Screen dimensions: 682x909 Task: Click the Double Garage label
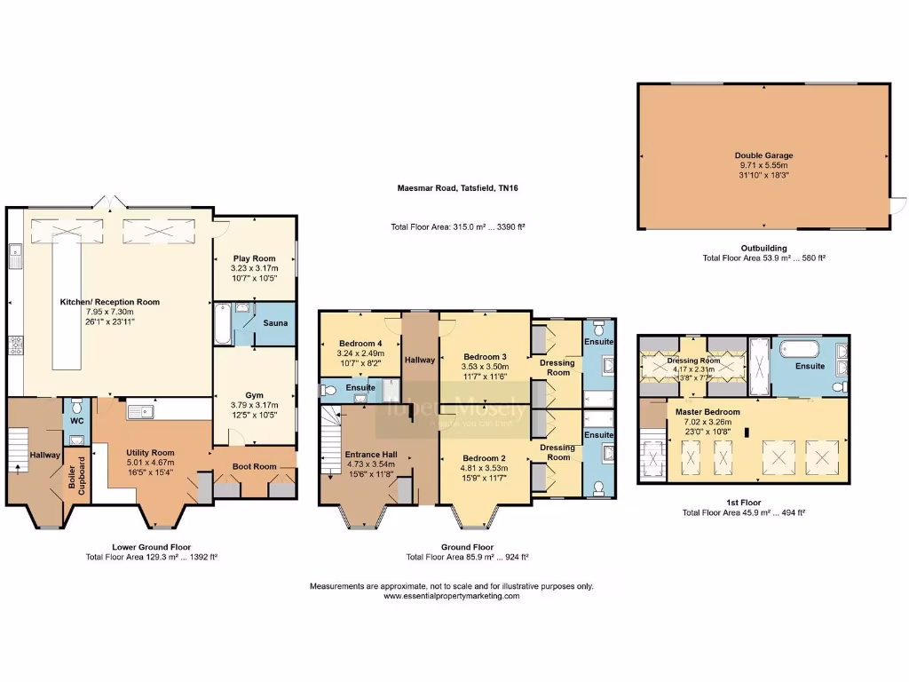coord(763,155)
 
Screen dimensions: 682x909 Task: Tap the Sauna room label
coord(274,323)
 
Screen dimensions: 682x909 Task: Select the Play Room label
coord(254,258)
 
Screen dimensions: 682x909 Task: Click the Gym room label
coord(254,395)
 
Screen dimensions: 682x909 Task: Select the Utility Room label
coord(150,453)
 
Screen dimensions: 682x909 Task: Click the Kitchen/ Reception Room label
coord(109,302)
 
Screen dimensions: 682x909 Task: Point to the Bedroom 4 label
coord(360,344)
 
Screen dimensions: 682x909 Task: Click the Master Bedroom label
coord(707,412)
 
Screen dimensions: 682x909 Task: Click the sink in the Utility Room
coord(140,411)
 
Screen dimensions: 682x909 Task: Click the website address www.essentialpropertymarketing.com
coord(451,597)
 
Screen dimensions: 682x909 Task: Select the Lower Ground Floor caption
coord(151,547)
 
